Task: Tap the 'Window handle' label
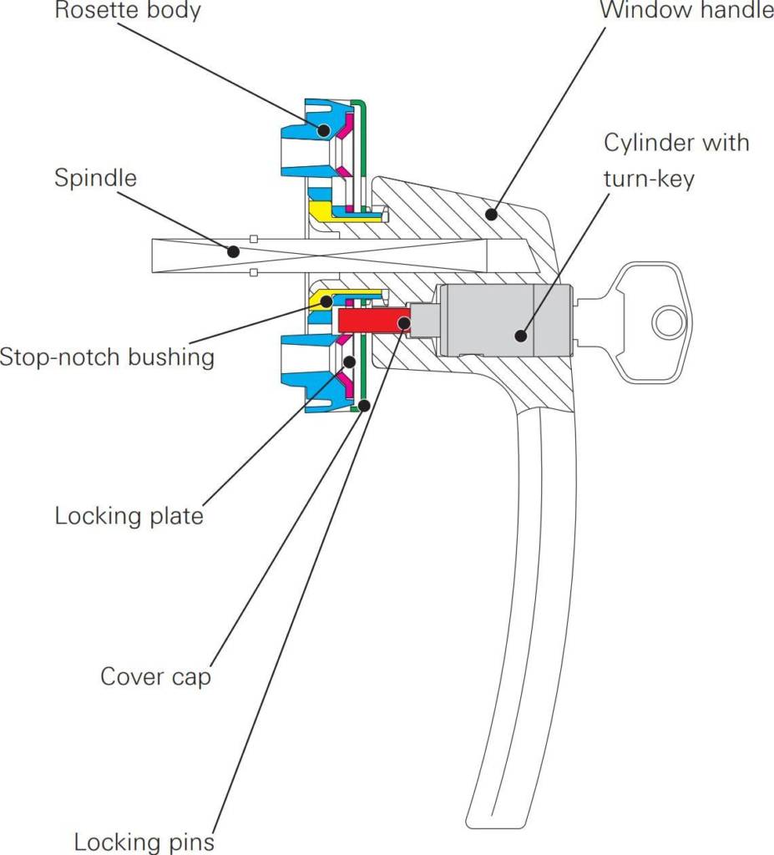(685, 13)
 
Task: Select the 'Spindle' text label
(95, 178)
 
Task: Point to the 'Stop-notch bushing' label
(107, 357)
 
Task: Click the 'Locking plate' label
(129, 515)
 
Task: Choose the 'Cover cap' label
(155, 675)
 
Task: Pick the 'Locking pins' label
(144, 841)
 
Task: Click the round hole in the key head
(667, 321)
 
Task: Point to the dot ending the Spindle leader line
(233, 250)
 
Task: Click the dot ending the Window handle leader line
(493, 215)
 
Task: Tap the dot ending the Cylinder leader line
(520, 336)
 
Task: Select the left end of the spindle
(155, 255)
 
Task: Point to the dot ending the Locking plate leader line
(350, 362)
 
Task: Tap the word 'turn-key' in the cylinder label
(649, 178)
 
